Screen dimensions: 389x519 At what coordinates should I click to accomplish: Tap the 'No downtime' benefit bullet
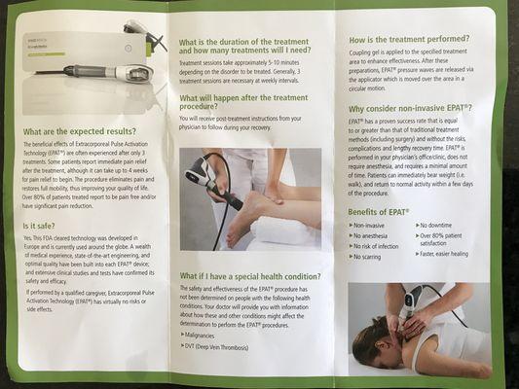[440, 225]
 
